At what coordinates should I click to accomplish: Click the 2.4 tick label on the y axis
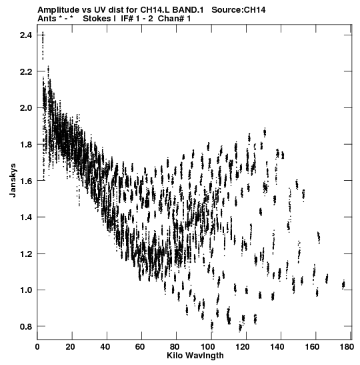[x=26, y=35]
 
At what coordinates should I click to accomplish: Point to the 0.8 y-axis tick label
[x=26, y=326]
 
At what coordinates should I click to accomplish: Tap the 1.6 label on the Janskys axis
[x=26, y=181]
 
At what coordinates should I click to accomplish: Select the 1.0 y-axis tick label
[x=26, y=290]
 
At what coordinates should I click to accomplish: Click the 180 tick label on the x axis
[x=347, y=347]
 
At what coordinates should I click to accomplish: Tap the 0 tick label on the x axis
[x=37, y=347]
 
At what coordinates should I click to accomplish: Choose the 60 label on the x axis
[x=140, y=347]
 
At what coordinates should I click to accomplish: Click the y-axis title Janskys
[x=13, y=180]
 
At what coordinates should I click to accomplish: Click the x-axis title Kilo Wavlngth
[x=195, y=356]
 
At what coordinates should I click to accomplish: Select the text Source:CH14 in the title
[x=239, y=10]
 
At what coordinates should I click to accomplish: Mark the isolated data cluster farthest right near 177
[x=343, y=284]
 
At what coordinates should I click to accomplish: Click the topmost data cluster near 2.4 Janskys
[x=43, y=45]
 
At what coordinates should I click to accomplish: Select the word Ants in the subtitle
[x=47, y=19]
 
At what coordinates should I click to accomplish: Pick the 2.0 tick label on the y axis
[x=26, y=108]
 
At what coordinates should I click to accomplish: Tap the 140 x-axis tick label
[x=277, y=347]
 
